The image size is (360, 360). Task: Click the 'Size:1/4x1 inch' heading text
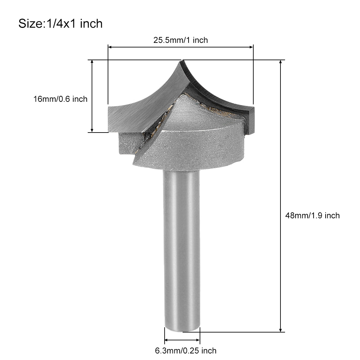tap(60, 24)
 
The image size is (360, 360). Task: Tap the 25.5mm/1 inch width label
tap(181, 40)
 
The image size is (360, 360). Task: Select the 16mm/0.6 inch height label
tap(60, 99)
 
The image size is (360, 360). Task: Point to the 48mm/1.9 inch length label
tap(313, 215)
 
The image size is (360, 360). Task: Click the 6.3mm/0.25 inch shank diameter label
tap(186, 351)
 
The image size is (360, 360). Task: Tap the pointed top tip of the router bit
tap(182, 61)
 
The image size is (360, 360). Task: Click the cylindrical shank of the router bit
tap(182, 249)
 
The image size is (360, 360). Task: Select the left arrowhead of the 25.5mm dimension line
tap(110, 47)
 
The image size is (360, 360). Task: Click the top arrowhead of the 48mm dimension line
tap(280, 62)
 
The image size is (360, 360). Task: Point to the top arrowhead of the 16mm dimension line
tap(92, 62)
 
